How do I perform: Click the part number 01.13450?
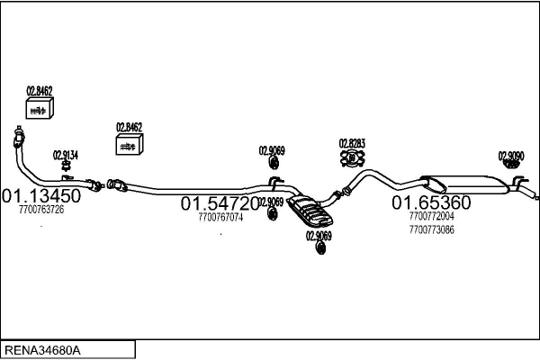coord(41,195)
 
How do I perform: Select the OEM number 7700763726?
coord(41,210)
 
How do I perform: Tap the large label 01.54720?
coord(220,203)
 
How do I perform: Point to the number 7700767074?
coord(220,217)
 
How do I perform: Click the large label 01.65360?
coord(431,202)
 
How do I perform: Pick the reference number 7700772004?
coord(431,216)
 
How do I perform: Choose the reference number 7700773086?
coord(431,229)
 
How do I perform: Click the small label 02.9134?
coord(66,155)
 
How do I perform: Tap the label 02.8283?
coord(352,143)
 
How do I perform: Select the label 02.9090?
coord(511,156)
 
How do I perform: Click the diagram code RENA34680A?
coord(42,350)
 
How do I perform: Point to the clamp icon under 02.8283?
coord(352,158)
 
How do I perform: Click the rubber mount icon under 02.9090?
coord(511,165)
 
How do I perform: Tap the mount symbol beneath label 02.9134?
coord(66,166)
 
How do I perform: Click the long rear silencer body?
coord(465,184)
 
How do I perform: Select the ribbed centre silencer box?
coord(310,211)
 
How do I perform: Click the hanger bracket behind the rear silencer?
coord(518,182)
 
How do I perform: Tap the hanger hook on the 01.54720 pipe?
coord(274,183)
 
